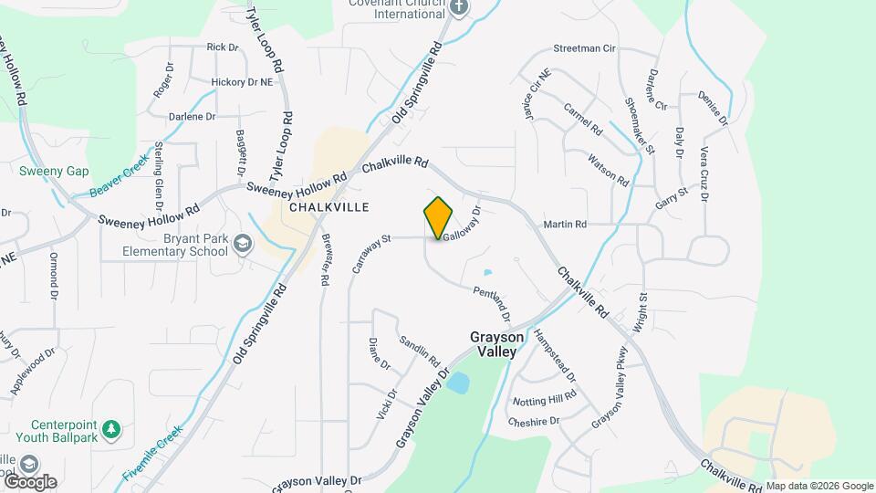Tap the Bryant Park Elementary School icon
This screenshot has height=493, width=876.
pyautogui.click(x=243, y=244)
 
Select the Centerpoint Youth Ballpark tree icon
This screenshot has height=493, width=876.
pyautogui.click(x=111, y=429)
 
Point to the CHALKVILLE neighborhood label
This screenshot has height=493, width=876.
pyautogui.click(x=328, y=207)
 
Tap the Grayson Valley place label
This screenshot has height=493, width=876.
pyautogui.click(x=496, y=344)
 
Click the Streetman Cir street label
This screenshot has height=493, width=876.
pyautogui.click(x=585, y=48)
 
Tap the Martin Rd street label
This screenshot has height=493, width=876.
pyautogui.click(x=564, y=224)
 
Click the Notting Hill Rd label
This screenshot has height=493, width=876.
pyautogui.click(x=545, y=399)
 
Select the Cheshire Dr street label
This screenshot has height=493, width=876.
pyautogui.click(x=534, y=421)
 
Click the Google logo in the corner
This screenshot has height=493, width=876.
pyautogui.click(x=29, y=481)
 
